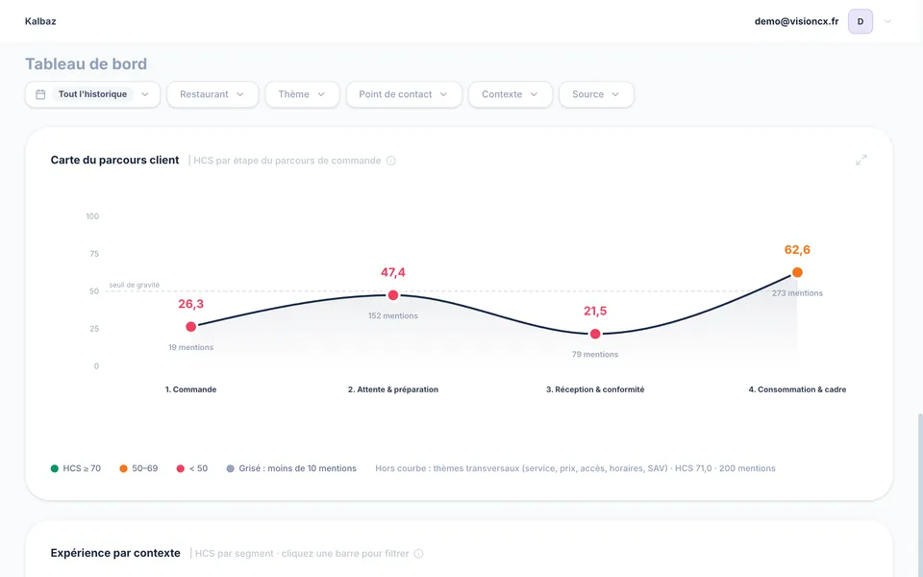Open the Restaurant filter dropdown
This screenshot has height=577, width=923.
point(212,94)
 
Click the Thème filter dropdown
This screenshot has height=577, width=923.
point(302,94)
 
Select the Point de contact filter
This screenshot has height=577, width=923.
point(404,94)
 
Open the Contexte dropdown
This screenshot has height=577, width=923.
point(511,94)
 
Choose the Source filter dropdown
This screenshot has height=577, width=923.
point(596,94)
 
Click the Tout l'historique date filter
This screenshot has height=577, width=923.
point(92,94)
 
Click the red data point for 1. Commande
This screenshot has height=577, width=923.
point(190,327)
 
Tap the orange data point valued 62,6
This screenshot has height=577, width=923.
point(797,272)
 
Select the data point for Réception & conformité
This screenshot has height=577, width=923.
point(595,334)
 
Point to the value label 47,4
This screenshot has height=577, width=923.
point(393,272)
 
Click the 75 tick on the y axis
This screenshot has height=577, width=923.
point(93,254)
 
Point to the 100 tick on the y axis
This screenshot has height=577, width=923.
point(92,216)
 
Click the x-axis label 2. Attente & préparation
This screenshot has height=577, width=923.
point(393,389)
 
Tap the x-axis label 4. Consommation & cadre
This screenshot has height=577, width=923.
point(797,389)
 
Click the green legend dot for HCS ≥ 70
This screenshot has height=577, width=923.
point(55,468)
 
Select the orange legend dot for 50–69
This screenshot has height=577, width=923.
point(124,468)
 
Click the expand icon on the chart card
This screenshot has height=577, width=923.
point(861,161)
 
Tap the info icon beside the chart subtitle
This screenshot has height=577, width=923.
point(391,161)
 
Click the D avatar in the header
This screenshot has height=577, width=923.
point(861,21)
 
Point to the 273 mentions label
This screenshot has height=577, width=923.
point(798,293)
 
